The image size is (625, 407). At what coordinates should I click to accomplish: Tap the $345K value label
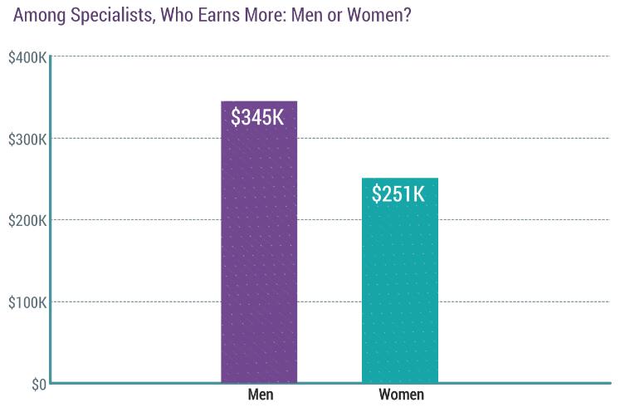coord(258,118)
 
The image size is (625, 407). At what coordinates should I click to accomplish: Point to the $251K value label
coord(399,194)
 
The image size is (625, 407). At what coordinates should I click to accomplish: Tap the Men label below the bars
coord(261,395)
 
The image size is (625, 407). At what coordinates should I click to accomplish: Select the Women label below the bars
coord(402,395)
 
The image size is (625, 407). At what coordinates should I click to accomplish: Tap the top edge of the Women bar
coord(400,179)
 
